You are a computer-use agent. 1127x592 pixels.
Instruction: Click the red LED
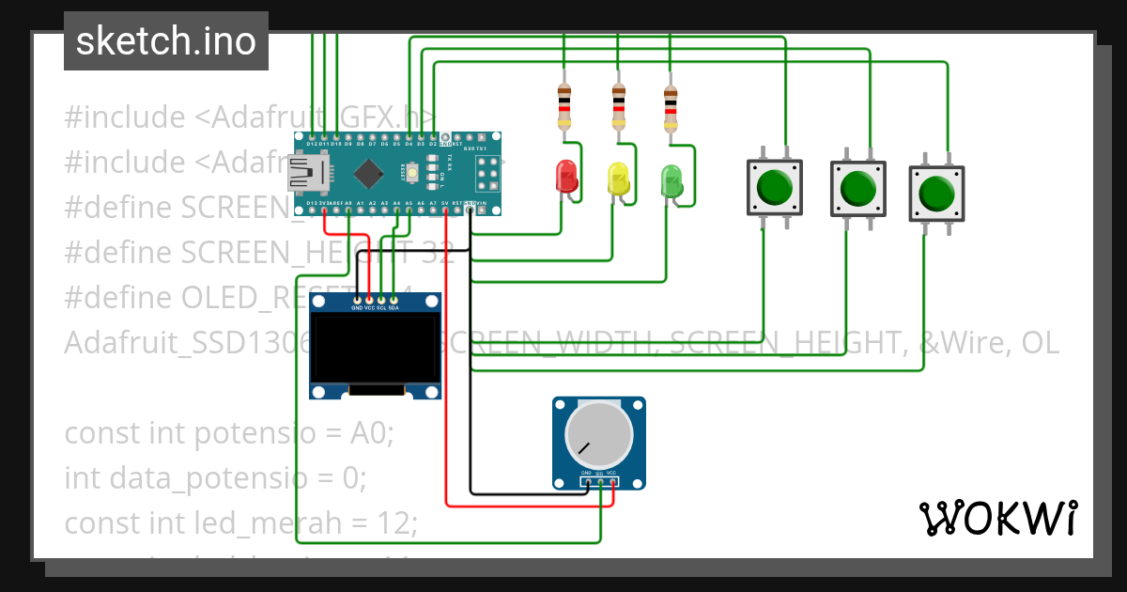coord(566,176)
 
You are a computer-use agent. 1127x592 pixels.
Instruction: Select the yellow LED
coord(618,178)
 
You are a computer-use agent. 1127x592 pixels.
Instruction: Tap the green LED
coord(672,179)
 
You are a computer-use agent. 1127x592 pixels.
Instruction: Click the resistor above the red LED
coord(564,103)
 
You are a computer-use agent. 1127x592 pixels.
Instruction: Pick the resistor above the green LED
coord(670,107)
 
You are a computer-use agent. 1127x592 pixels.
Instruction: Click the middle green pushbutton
coord(857,188)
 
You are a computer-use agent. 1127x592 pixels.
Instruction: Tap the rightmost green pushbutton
coord(936,194)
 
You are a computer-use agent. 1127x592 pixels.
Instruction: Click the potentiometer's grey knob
coord(598,434)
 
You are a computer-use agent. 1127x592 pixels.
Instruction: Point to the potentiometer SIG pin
coord(599,483)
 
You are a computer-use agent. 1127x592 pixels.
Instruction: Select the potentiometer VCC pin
coord(612,483)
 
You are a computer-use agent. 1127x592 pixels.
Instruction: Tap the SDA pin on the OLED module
coord(394,301)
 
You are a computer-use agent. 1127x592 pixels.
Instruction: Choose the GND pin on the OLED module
coord(357,301)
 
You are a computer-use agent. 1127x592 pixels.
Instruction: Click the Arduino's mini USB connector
coord(309,173)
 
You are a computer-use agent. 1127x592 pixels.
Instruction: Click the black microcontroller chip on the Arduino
coord(371,173)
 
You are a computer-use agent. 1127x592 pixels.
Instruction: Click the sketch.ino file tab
coord(166,41)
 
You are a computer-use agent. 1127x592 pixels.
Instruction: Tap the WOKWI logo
coord(997,518)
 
